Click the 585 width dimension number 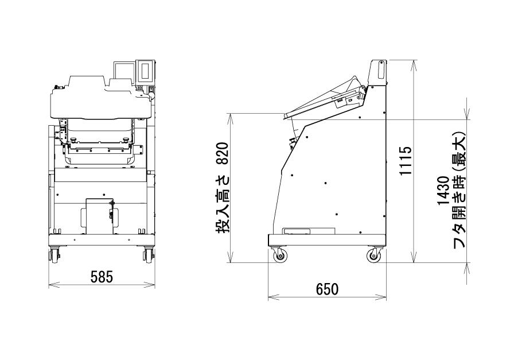pyautogui.click(x=102, y=277)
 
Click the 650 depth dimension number pyautogui.click(x=327, y=289)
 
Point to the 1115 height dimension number pyautogui.click(x=406, y=160)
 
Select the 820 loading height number pyautogui.click(x=223, y=153)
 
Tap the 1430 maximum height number pyautogui.click(x=443, y=191)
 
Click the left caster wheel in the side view pyautogui.click(x=280, y=256)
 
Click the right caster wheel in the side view pyautogui.click(x=374, y=256)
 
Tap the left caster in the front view pyautogui.click(x=53, y=255)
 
